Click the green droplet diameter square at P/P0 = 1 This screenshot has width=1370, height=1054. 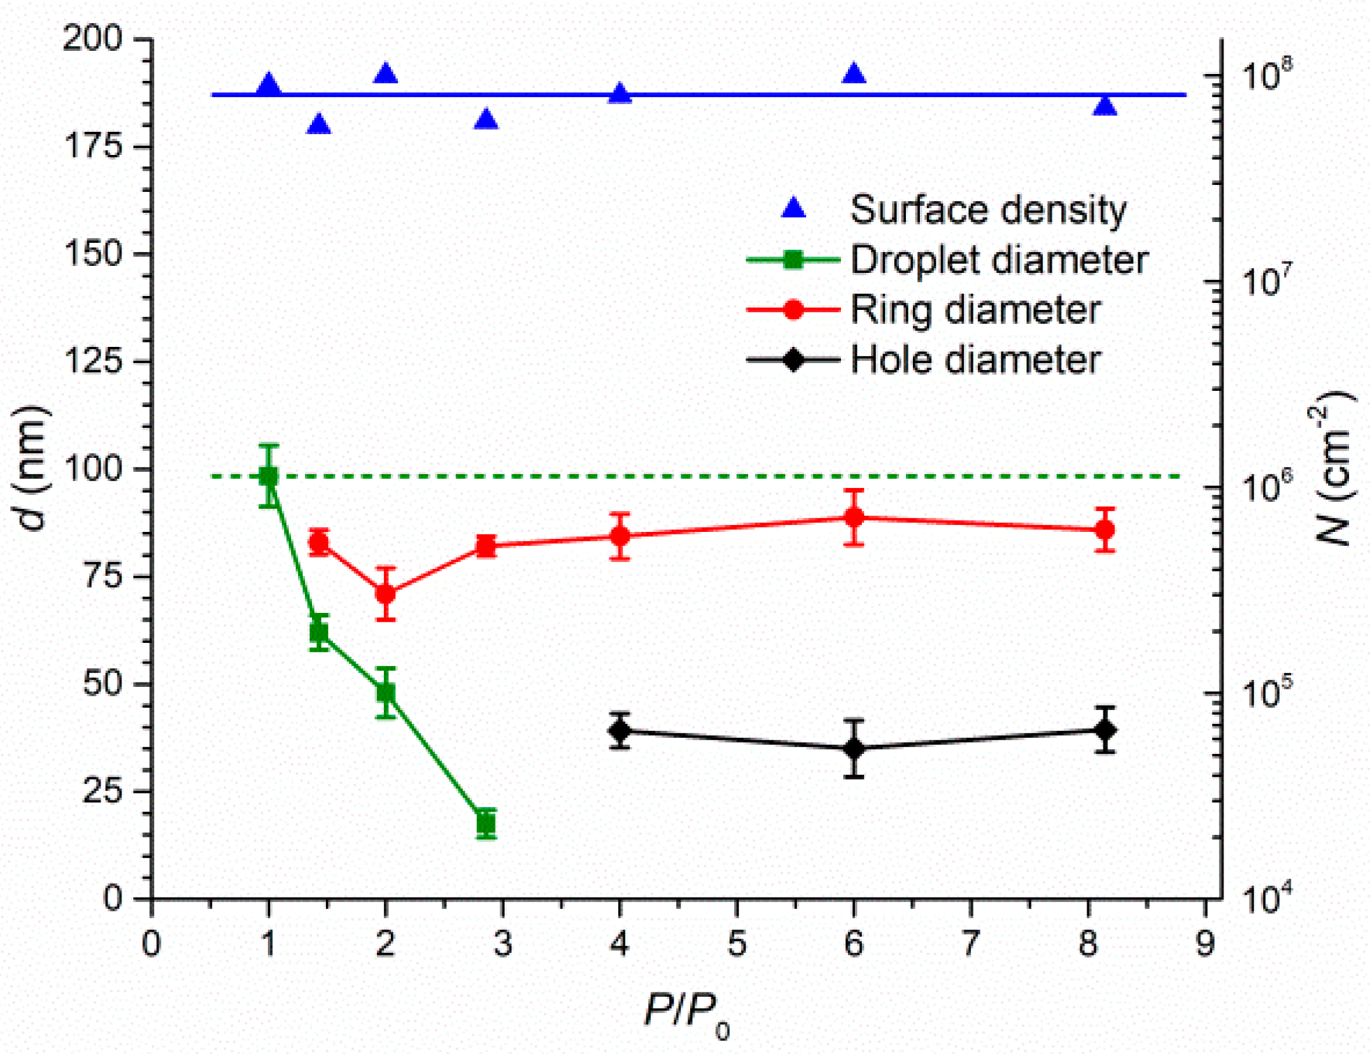(269, 476)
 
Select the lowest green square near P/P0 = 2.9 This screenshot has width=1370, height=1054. (486, 824)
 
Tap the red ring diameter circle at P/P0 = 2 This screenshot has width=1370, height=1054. (386, 594)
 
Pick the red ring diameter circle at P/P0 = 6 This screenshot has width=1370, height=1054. (854, 517)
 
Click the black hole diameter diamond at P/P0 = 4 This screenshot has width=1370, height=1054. (620, 731)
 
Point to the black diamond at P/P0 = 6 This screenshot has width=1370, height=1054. (854, 748)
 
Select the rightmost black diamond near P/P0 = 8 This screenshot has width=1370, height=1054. (1105, 730)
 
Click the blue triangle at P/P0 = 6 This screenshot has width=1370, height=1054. (854, 73)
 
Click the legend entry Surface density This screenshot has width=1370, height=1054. (988, 209)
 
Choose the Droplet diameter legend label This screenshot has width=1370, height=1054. (998, 260)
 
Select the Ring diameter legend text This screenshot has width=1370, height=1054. (975, 310)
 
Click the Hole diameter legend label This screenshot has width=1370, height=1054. (975, 360)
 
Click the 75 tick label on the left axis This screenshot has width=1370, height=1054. (103, 576)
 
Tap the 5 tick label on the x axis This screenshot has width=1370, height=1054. (737, 944)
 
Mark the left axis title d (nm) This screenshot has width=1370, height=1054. (31, 468)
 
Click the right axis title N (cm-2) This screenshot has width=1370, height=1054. (1333, 468)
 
